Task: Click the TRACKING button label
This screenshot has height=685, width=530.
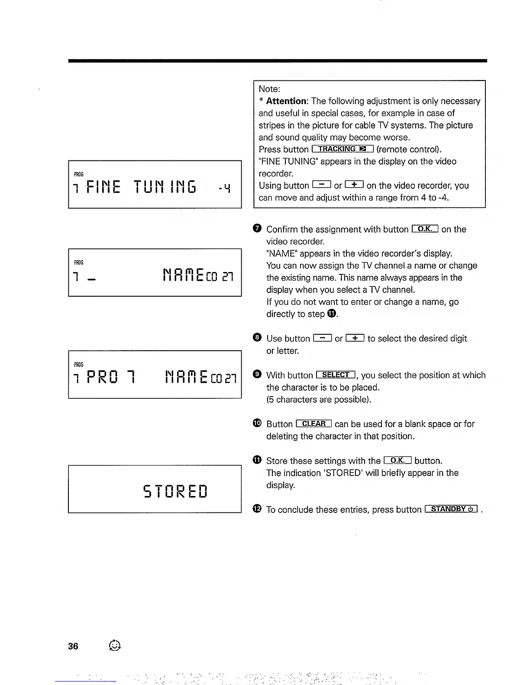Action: [x=342, y=149]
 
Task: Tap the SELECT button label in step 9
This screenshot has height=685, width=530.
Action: [x=336, y=375]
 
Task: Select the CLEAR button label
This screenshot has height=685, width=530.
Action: [x=313, y=424]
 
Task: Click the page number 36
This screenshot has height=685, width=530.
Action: [x=73, y=646]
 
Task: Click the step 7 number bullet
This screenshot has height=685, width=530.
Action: [x=257, y=229]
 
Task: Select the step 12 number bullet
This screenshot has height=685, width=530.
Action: [x=257, y=509]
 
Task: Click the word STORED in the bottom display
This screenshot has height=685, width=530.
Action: [x=175, y=491]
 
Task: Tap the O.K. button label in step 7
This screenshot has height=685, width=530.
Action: [x=425, y=229]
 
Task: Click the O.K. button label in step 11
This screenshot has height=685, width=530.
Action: [x=397, y=460]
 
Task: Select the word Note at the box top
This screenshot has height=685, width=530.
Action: [x=269, y=89]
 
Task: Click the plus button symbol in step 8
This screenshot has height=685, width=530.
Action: [x=355, y=338]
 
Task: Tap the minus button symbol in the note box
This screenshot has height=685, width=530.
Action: [x=321, y=185]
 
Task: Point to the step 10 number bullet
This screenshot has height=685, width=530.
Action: [x=257, y=423]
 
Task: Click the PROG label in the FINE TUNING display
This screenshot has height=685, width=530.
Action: [x=79, y=174]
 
